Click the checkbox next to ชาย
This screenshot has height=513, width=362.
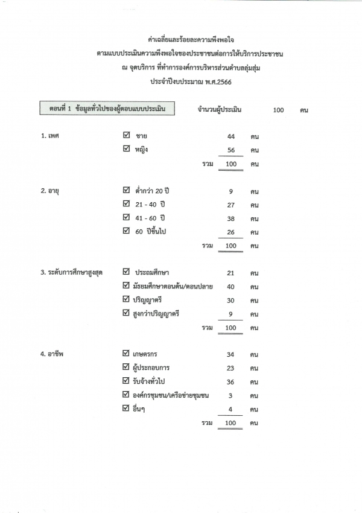tap(126, 136)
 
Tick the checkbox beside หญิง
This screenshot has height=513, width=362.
tap(126, 149)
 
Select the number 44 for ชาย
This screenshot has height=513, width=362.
tap(230, 136)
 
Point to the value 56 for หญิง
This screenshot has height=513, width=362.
tap(230, 150)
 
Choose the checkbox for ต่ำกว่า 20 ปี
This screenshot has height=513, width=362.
tap(126, 191)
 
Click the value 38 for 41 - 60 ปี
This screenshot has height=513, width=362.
tap(230, 219)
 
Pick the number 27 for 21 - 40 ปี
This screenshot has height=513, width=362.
tap(230, 205)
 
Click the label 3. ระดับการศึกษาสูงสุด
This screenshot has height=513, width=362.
tap(71, 273)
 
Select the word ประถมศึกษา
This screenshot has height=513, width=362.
tap(156, 273)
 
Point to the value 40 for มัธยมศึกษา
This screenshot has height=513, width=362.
tap(230, 287)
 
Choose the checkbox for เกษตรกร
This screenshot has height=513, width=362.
tap(126, 353)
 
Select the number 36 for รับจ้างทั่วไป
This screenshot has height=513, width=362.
tap(230, 381)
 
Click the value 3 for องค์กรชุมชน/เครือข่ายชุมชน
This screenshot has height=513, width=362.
tap(230, 395)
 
